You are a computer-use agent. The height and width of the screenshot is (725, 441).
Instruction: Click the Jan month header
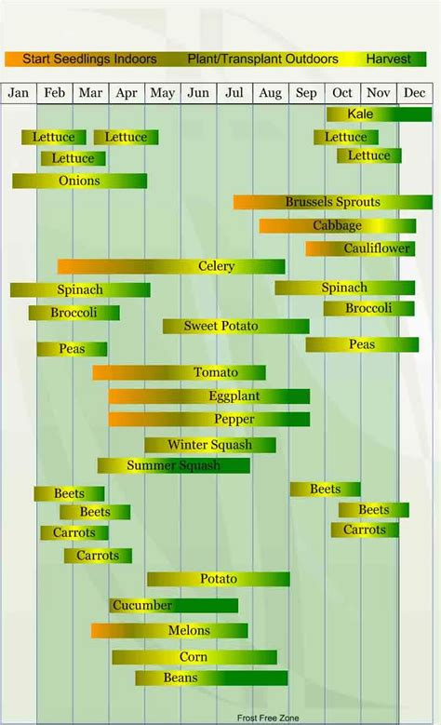[20, 93]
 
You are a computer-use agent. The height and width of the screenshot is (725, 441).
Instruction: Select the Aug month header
[270, 93]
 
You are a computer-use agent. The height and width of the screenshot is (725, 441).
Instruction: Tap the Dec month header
[414, 93]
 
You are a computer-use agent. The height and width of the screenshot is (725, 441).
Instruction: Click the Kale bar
[379, 114]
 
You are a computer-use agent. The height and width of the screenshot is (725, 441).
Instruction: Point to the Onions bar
[79, 181]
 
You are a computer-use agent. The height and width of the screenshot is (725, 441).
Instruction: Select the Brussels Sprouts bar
[332, 202]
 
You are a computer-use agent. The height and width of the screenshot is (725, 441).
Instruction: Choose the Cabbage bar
[337, 226]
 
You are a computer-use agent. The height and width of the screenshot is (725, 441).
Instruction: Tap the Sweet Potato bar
[235, 327]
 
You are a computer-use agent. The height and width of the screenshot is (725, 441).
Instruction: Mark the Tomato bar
[179, 373]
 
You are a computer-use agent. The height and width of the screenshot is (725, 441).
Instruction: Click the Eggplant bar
[208, 396]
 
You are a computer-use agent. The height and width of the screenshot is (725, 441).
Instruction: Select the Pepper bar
[208, 420]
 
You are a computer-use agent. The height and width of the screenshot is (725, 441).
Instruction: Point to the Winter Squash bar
[209, 445]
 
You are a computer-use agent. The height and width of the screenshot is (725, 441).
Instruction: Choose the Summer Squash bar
[174, 465]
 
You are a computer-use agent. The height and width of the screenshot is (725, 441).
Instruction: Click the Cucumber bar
[173, 606]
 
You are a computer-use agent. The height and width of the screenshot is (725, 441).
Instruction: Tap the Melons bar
[169, 631]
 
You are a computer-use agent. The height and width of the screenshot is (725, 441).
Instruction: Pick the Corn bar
[194, 658]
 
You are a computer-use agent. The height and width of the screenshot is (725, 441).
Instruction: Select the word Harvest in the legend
[388, 60]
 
